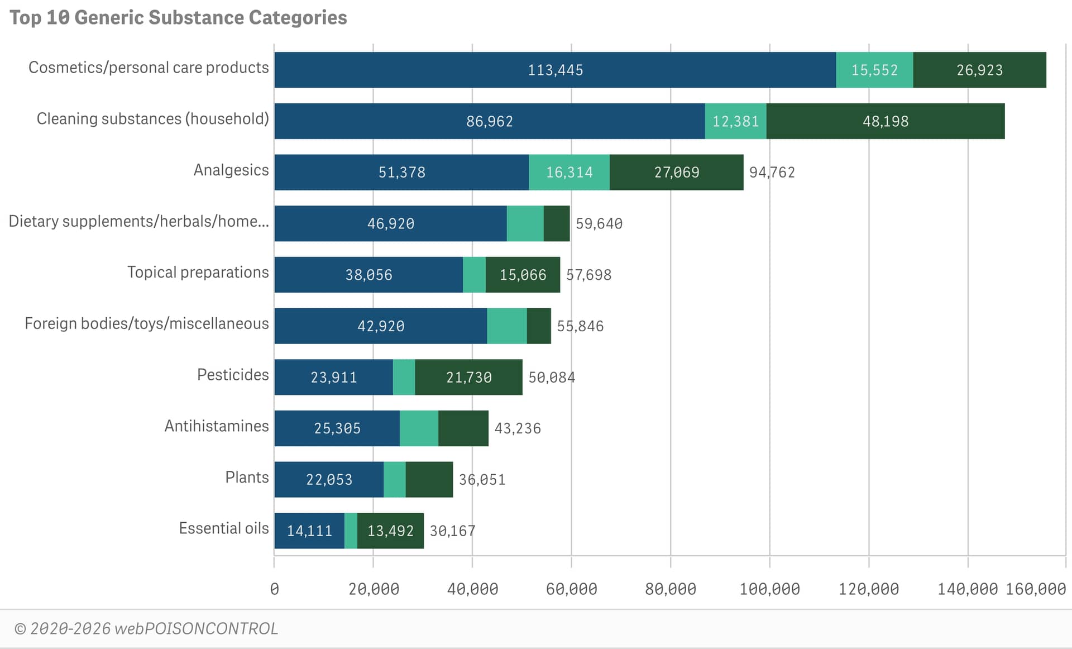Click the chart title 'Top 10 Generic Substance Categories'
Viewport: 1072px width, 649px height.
(x=178, y=18)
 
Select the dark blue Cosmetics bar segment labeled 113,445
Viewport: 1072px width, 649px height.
(x=555, y=70)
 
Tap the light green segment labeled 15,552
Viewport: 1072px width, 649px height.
(x=874, y=70)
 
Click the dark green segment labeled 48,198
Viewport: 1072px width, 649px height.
(x=886, y=121)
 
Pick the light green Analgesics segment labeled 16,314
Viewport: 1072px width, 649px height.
(x=569, y=172)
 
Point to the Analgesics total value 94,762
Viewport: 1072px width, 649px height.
(x=772, y=172)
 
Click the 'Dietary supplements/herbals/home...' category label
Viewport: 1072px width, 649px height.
(x=139, y=221)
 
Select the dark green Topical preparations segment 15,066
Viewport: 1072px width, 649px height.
(x=523, y=275)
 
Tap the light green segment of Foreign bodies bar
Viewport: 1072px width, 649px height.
(x=507, y=326)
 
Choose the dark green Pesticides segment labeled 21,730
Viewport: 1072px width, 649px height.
(x=468, y=377)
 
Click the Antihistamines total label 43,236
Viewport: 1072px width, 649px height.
(x=518, y=428)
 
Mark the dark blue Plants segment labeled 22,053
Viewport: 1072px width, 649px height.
(x=329, y=479)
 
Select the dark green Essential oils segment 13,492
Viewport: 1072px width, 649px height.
(x=390, y=531)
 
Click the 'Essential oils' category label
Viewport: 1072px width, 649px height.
(x=224, y=528)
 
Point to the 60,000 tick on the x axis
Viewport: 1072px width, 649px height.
(x=571, y=589)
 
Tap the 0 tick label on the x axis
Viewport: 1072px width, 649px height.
(x=274, y=589)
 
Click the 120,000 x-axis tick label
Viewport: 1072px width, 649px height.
(x=868, y=589)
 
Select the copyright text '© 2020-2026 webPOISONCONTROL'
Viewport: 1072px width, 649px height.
(x=146, y=629)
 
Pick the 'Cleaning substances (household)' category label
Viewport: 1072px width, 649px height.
(x=153, y=119)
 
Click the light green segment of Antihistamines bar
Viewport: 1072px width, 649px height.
(x=419, y=428)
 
